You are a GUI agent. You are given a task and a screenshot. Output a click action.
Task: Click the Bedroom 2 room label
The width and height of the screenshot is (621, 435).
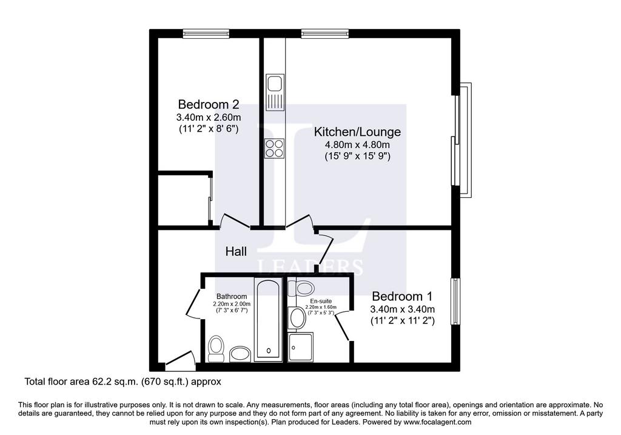tap(209, 104)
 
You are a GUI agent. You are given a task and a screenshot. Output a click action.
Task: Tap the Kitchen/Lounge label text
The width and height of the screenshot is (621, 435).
tap(357, 132)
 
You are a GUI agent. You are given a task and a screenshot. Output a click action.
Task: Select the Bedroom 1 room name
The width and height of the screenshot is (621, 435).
tap(402, 296)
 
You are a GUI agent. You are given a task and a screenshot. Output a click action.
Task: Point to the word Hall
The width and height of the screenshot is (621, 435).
tap(236, 251)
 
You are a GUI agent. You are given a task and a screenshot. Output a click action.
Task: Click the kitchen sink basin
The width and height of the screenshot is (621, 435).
tap(274, 84)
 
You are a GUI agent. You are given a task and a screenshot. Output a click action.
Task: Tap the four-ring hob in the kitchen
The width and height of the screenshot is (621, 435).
tap(275, 149)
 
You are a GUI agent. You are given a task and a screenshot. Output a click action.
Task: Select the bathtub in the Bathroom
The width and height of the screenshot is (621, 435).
tap(269, 319)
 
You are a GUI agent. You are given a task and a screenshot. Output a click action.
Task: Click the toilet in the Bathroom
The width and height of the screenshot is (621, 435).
tap(216, 348)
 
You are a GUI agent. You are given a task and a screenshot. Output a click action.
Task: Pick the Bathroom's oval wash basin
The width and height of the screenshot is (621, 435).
tap(240, 354)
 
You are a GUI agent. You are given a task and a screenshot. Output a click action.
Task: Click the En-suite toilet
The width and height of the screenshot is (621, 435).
tap(301, 288)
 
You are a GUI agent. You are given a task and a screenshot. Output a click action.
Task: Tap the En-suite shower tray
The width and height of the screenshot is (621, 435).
tap(301, 347)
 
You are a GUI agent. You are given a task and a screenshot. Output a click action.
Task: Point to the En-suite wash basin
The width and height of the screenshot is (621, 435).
tap(297, 317)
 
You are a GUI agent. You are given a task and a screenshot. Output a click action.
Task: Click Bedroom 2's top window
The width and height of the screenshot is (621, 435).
tap(206, 35)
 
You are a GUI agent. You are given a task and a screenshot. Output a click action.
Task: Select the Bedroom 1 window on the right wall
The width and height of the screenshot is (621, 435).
tap(456, 301)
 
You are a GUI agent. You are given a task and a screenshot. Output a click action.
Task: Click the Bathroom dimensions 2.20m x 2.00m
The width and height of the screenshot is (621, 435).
tap(232, 303)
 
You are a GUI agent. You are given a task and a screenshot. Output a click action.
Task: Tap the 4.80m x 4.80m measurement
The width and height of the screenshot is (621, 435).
tap(357, 144)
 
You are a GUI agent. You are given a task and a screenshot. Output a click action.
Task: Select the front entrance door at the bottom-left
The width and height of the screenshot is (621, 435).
tap(180, 358)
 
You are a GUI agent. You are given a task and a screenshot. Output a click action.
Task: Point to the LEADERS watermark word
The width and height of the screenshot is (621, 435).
tap(310, 268)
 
